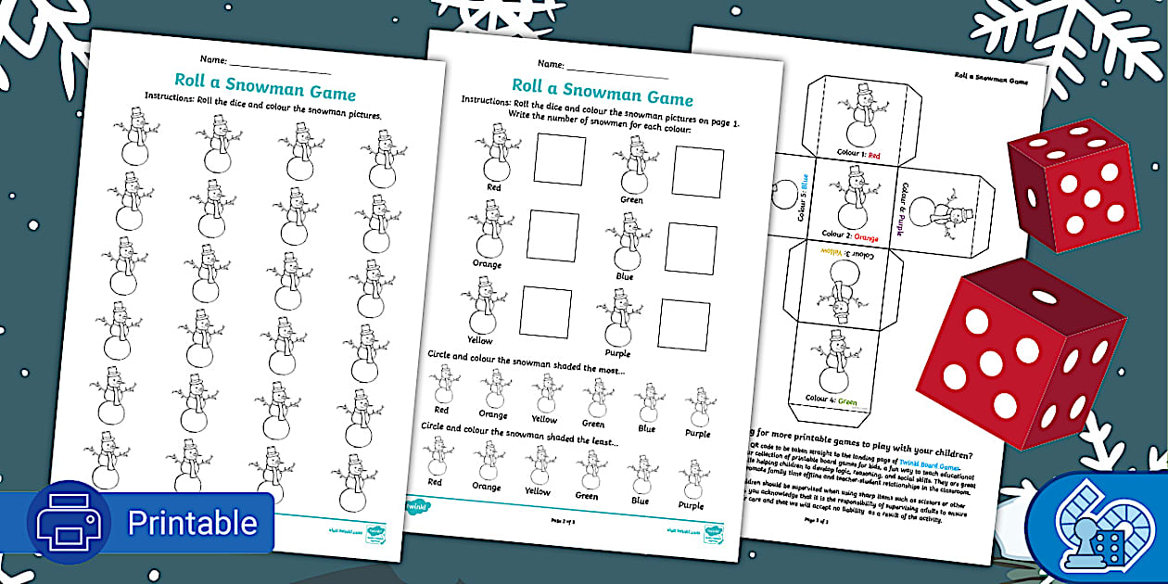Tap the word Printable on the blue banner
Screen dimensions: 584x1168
(192, 523)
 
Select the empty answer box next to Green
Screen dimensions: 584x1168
(698, 172)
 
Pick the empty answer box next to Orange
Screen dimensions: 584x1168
(552, 235)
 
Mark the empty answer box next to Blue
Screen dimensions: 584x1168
(691, 248)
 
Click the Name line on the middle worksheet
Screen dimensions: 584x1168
(616, 71)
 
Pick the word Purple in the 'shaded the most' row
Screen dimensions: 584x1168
(697, 433)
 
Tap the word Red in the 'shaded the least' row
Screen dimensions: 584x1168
(435, 482)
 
